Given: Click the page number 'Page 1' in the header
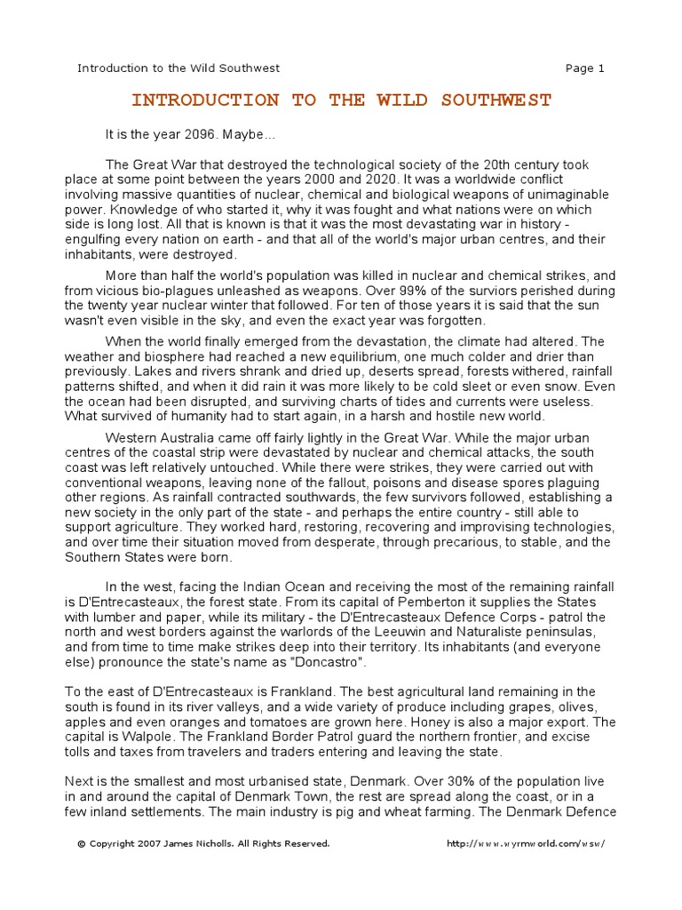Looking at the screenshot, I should click(584, 68).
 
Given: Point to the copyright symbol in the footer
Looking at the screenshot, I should click(81, 843).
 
